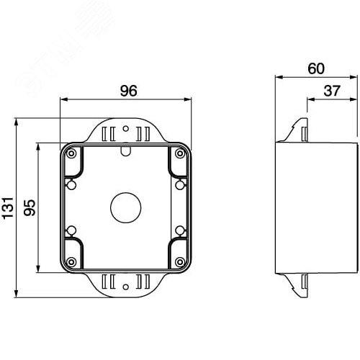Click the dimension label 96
[128, 91]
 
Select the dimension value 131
[8, 207]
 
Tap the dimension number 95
[30, 207]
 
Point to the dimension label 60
[316, 68]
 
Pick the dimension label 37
[332, 91]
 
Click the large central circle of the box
[125, 207]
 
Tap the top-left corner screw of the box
[71, 153]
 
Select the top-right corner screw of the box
[180, 153]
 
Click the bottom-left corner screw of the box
[71, 262]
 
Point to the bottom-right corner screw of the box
[180, 262]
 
